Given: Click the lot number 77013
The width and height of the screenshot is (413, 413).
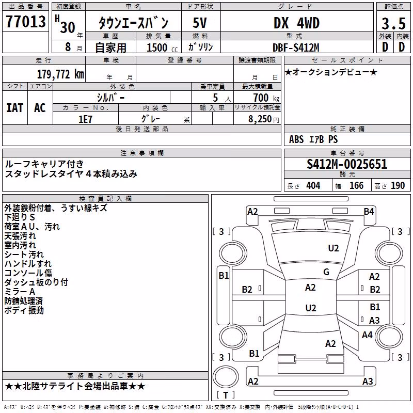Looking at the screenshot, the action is click(25, 21).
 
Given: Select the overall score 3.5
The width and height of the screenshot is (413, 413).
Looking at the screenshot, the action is click(393, 23).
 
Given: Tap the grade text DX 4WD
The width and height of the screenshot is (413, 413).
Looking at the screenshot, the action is click(296, 23).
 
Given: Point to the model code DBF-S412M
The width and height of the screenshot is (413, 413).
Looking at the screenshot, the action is click(296, 47).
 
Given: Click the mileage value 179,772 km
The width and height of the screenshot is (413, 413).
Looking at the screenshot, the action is click(60, 74).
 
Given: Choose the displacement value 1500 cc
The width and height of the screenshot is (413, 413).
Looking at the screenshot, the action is click(162, 47).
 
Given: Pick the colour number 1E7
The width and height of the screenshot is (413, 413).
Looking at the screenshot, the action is click(85, 119).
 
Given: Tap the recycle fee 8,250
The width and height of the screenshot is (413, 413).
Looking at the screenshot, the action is click(260, 119).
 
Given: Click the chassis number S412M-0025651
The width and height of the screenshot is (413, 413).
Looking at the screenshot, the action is click(347, 164).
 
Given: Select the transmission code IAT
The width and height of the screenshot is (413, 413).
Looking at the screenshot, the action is click(14, 108).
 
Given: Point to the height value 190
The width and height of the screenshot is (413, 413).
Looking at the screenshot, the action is click(398, 186).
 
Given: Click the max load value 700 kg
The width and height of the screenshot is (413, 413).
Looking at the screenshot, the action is click(266, 98).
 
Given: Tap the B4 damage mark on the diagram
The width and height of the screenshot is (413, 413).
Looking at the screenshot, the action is click(369, 212).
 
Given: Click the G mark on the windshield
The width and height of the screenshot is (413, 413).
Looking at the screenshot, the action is click(326, 272).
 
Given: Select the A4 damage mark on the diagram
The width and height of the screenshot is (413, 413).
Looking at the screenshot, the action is click(367, 335).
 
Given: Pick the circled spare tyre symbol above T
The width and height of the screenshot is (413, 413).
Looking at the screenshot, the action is click(226, 377).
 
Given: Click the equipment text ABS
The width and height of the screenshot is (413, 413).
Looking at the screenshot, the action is click(296, 139).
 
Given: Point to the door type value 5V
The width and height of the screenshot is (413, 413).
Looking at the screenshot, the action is click(200, 23).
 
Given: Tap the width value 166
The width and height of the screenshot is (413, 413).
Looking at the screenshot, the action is click(356, 186).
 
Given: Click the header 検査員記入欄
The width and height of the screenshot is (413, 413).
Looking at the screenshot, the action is click(105, 199).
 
